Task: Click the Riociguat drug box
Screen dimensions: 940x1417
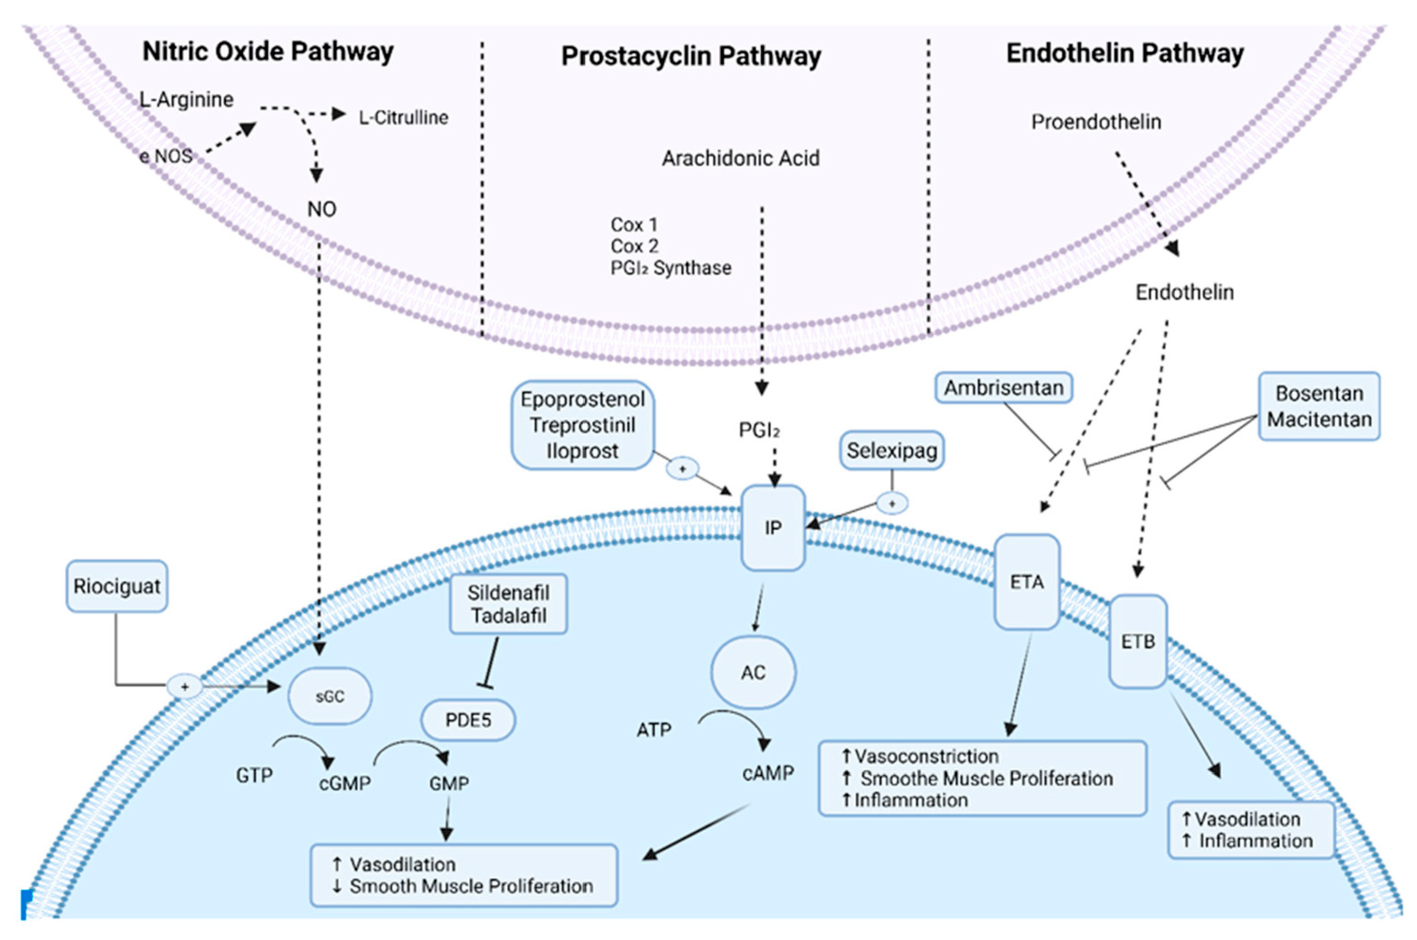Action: (117, 587)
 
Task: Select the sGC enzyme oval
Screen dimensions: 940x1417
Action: (330, 696)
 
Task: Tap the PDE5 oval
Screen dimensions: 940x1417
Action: (468, 720)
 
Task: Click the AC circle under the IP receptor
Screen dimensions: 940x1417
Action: (753, 672)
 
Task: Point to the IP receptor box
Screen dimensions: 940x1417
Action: (773, 528)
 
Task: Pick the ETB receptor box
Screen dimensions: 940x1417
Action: (1138, 642)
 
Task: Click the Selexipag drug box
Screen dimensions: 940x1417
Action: (892, 450)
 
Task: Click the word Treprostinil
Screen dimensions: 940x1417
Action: (582, 425)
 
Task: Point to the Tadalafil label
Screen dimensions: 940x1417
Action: (508, 615)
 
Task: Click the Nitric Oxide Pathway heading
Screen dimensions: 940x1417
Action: (268, 51)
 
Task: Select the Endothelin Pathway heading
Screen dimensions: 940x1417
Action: (1125, 53)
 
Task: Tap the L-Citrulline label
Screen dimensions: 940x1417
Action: (404, 118)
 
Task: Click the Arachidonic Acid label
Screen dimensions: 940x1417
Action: (741, 158)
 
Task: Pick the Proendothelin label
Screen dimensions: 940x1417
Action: (1096, 122)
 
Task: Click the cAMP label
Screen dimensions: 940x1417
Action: (768, 773)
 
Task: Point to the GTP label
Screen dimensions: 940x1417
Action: (254, 775)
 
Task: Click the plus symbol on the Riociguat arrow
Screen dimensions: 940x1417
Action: (185, 687)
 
